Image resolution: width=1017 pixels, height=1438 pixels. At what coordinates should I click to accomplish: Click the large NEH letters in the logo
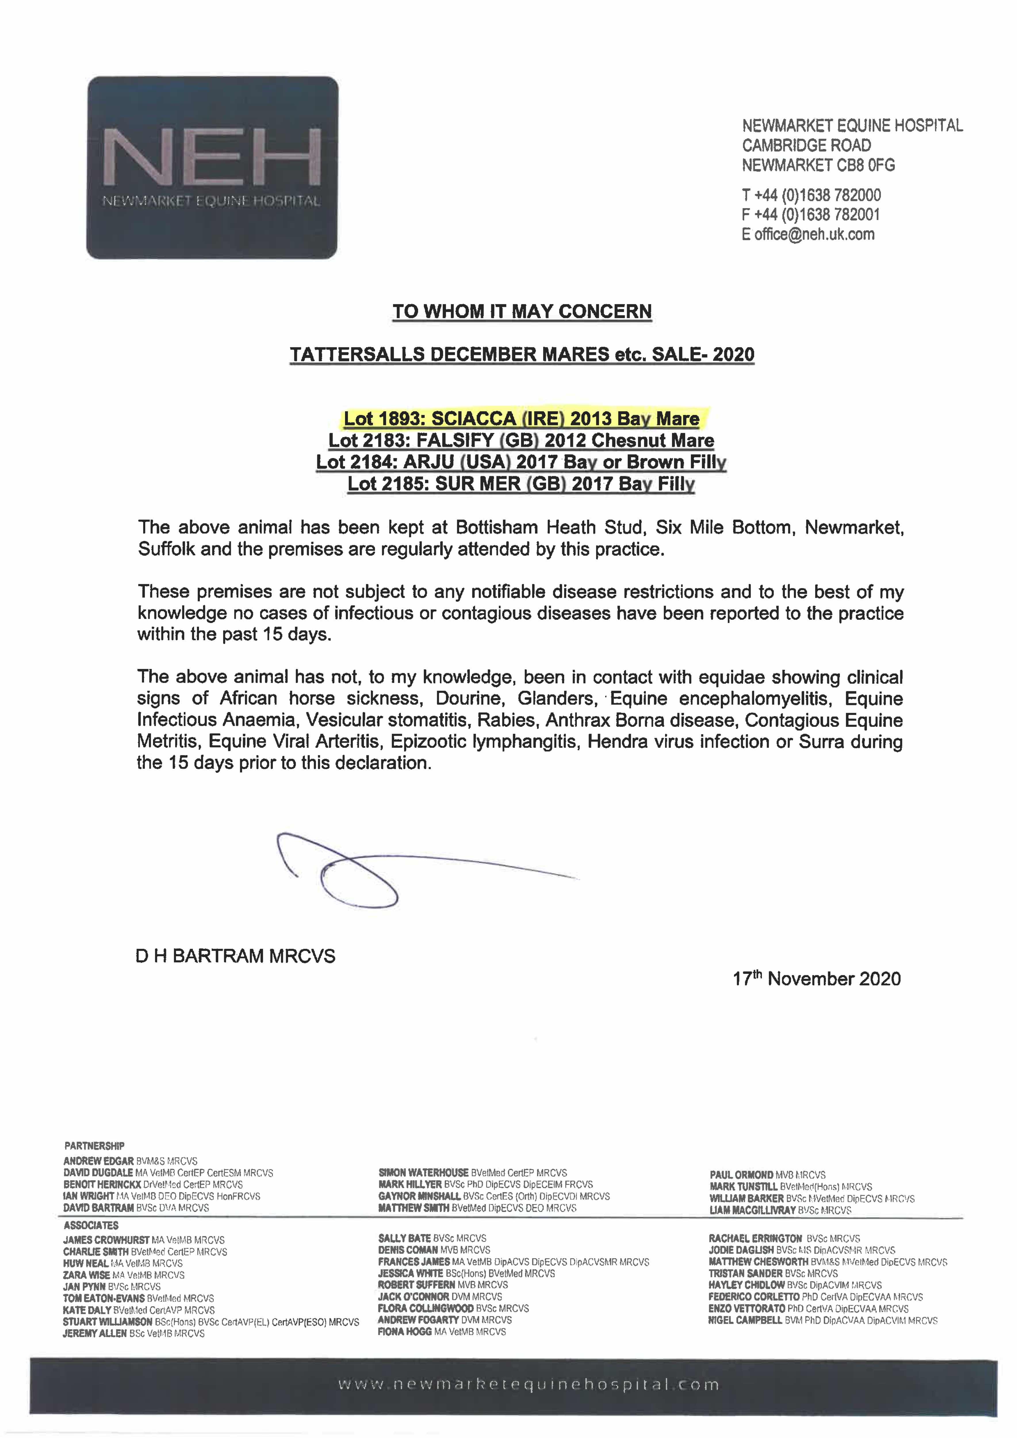click(212, 157)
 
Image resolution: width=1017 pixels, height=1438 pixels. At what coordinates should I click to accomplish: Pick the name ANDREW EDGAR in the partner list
click(98, 1160)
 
